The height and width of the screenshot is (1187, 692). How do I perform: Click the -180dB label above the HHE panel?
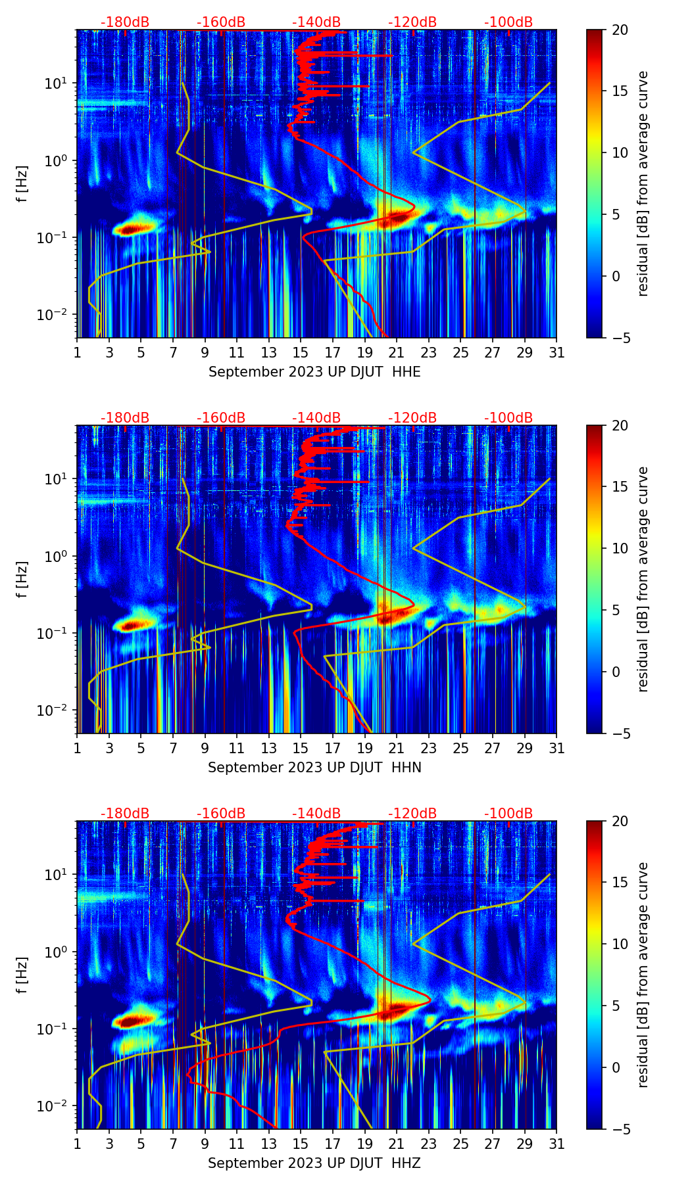coord(125,22)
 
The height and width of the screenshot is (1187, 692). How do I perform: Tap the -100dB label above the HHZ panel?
coord(508,814)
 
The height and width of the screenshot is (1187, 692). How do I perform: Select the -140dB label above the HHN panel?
coord(316,418)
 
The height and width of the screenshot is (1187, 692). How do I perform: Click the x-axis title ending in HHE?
coord(314,372)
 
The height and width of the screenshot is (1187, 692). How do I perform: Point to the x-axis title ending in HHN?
coord(314,768)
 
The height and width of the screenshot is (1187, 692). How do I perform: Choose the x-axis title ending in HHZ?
coord(314,1163)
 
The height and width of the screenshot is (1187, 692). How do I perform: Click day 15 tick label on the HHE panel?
coord(301,352)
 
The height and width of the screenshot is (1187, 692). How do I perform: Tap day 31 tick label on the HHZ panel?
coord(556,1144)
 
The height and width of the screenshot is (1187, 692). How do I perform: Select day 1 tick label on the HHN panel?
coord(78,748)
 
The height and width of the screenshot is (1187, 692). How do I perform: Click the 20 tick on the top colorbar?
coord(620,30)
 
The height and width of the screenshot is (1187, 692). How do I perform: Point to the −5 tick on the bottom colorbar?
coord(620,1129)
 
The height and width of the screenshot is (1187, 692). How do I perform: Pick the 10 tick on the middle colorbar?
coord(620,549)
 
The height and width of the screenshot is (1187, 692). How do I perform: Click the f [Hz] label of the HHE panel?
coord(22,184)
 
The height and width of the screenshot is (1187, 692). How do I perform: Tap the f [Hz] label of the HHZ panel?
coord(22,975)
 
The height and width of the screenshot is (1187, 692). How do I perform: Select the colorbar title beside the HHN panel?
coord(643,579)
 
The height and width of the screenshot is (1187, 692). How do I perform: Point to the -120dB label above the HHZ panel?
coord(412,814)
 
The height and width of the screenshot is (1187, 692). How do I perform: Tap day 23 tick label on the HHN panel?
coord(429,748)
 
